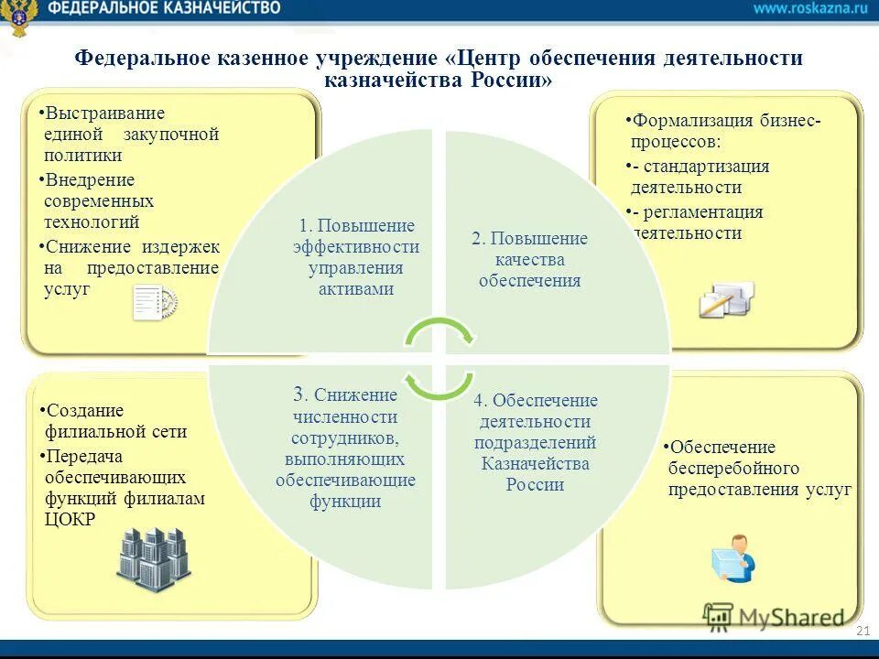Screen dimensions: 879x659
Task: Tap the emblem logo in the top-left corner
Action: (x=18, y=17)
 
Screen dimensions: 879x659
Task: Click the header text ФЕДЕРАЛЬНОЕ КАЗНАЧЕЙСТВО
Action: (x=165, y=8)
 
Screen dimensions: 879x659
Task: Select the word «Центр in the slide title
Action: (x=490, y=59)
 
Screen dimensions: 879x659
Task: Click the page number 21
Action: (x=862, y=632)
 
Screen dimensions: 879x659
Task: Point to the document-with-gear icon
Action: (x=154, y=303)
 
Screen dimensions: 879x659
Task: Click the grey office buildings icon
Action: (x=153, y=558)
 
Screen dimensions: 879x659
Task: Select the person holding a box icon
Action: (x=733, y=557)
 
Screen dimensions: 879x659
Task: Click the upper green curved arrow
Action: (x=439, y=332)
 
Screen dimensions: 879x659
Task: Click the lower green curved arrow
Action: (x=439, y=384)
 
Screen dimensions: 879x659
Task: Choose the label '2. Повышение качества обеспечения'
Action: (x=529, y=259)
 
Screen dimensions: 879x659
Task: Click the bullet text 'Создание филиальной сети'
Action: (x=114, y=421)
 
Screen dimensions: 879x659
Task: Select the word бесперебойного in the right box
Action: (x=733, y=469)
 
